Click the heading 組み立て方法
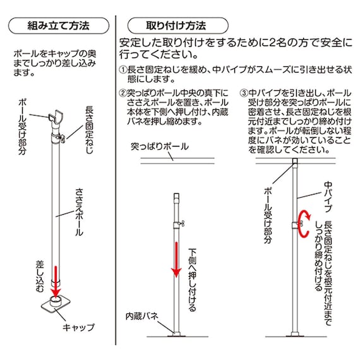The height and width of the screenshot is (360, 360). (59, 27)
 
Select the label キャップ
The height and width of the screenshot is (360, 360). (79, 327)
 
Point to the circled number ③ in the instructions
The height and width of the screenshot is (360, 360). (244, 93)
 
